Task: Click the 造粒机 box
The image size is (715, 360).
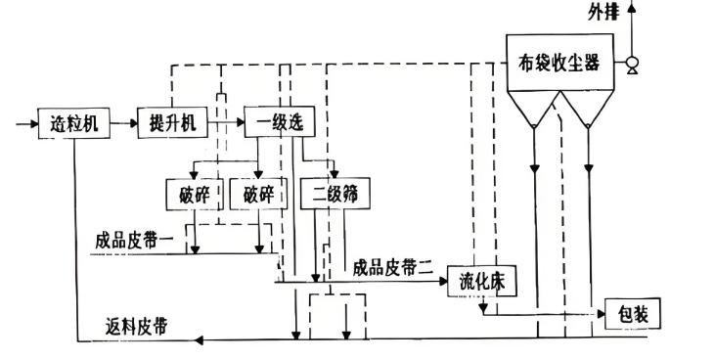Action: (x=73, y=123)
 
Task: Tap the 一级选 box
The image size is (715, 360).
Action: (x=275, y=123)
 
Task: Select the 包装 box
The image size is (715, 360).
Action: (x=633, y=315)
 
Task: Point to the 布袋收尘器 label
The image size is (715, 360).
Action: (x=559, y=64)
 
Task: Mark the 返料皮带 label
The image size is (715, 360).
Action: (x=135, y=326)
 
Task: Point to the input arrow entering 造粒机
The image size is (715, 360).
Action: (x=26, y=123)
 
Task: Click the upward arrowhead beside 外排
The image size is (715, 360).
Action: (x=632, y=9)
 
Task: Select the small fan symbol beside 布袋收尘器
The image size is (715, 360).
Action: (x=632, y=66)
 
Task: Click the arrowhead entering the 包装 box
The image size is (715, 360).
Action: (x=599, y=315)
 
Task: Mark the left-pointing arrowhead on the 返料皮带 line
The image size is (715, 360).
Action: (x=200, y=340)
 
